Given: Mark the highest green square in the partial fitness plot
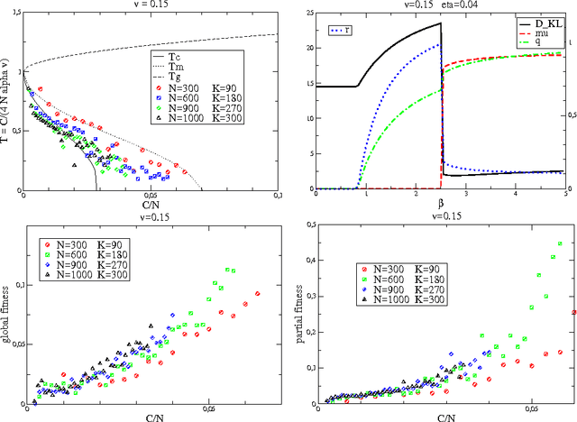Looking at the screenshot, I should pyautogui.click(x=560, y=243).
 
